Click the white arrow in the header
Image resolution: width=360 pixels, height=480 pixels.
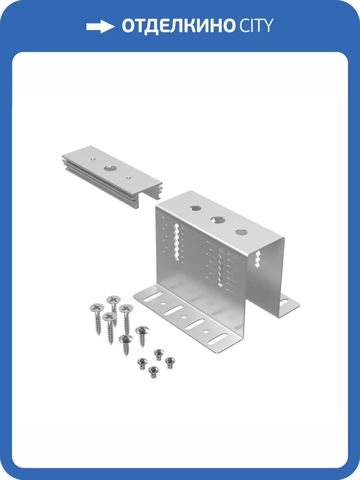100,26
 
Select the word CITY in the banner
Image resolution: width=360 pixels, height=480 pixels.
257,26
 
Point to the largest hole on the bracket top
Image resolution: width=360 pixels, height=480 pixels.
218,220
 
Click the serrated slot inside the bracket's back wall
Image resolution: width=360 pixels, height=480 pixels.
258,259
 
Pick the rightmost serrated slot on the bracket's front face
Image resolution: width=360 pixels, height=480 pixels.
222,267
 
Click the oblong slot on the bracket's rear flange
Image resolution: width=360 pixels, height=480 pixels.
284,303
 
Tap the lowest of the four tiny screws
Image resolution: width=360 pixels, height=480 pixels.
154,370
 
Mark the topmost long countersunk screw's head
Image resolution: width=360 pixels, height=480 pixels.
114,299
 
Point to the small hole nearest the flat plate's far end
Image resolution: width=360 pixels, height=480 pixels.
93,159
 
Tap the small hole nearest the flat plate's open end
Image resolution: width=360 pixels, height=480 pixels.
128,178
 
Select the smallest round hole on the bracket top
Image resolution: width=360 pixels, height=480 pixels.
242,232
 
